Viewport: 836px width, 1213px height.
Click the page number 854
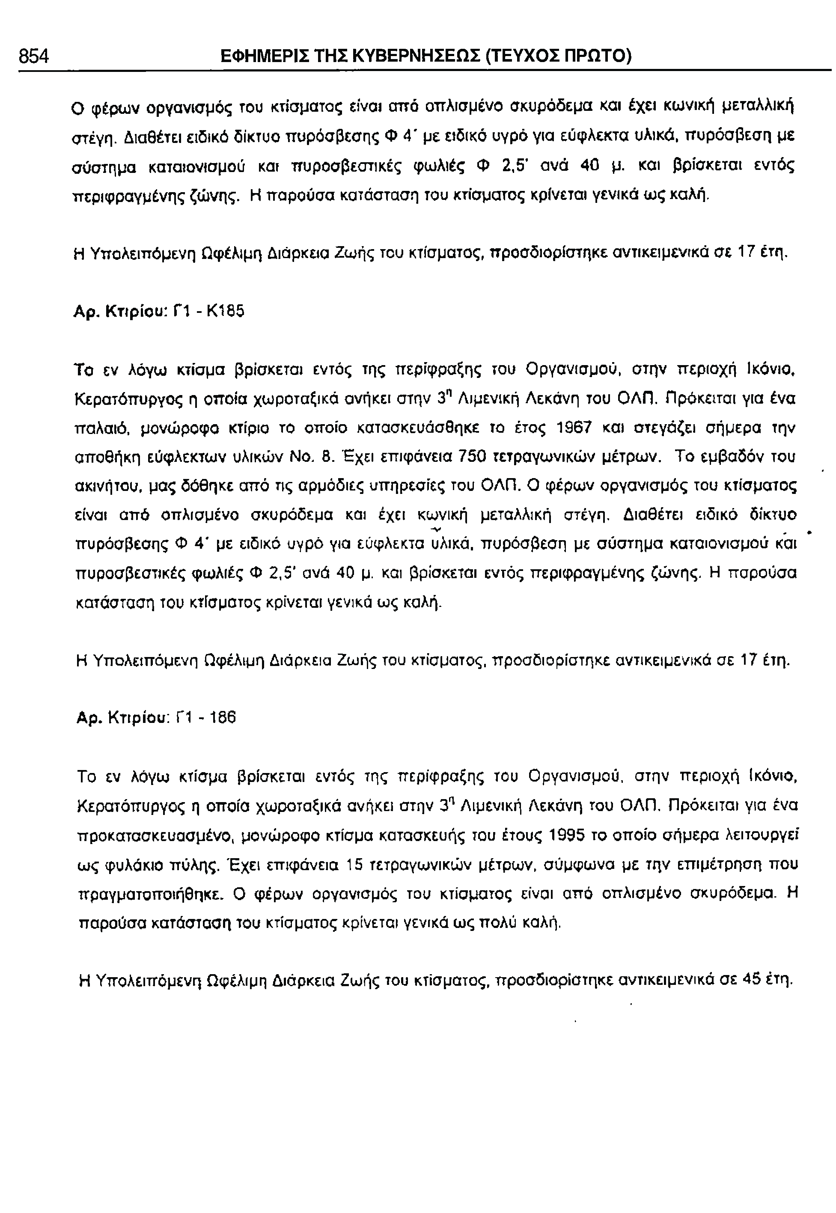[x=33, y=56]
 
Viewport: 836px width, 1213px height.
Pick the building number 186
[x=223, y=717]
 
